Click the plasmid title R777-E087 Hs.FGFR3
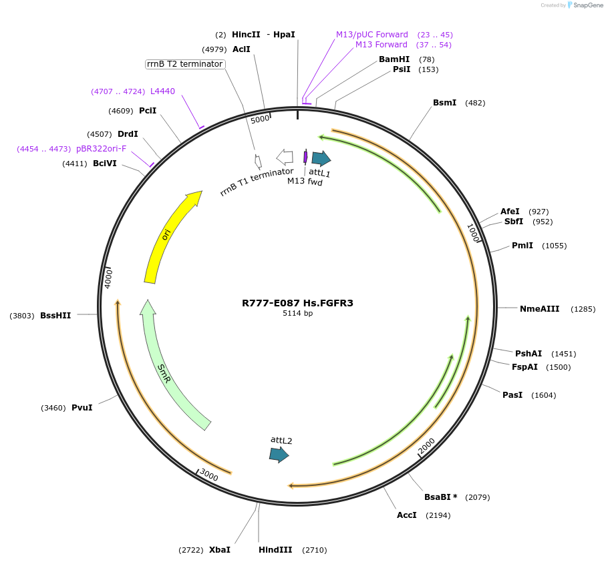coord(297,303)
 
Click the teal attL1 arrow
coord(321,158)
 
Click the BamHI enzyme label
coord(394,59)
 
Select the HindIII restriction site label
coord(275,550)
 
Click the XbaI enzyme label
coord(220,550)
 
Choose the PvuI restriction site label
coord(82,407)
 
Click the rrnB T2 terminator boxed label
coord(184,64)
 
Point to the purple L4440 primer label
coord(162,91)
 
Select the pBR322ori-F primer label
coord(101,148)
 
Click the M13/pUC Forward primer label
coord(371,35)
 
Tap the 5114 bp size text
coord(297,314)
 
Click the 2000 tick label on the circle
coord(426,446)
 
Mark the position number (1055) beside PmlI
coord(554,246)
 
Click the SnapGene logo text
coord(588,5)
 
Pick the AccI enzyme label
coord(406,515)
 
